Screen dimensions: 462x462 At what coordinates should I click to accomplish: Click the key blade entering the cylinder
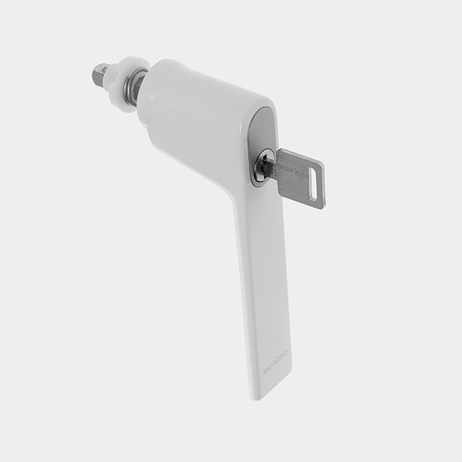tap(272, 167)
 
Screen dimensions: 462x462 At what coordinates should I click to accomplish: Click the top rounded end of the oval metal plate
tap(262, 115)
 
